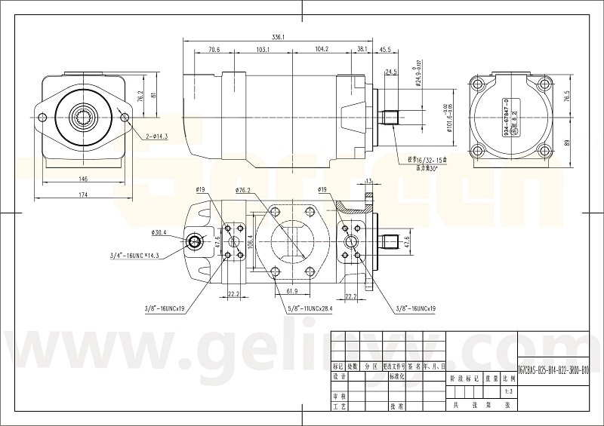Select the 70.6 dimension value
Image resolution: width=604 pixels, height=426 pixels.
pos(213,50)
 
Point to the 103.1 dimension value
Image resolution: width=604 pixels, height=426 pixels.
pos(263,50)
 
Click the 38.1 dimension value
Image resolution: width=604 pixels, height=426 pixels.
pos(362,50)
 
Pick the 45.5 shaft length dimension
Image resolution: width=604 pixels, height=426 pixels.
pos(385,50)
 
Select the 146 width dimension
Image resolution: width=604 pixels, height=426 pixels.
pos(83,179)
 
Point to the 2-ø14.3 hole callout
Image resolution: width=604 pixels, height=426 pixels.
pos(156,137)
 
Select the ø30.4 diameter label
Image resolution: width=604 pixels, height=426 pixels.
pos(159,232)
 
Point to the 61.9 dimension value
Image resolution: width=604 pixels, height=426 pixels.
pos(292,290)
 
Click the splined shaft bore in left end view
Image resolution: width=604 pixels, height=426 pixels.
pos(83,116)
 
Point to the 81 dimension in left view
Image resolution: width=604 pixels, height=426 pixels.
pos(153,95)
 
